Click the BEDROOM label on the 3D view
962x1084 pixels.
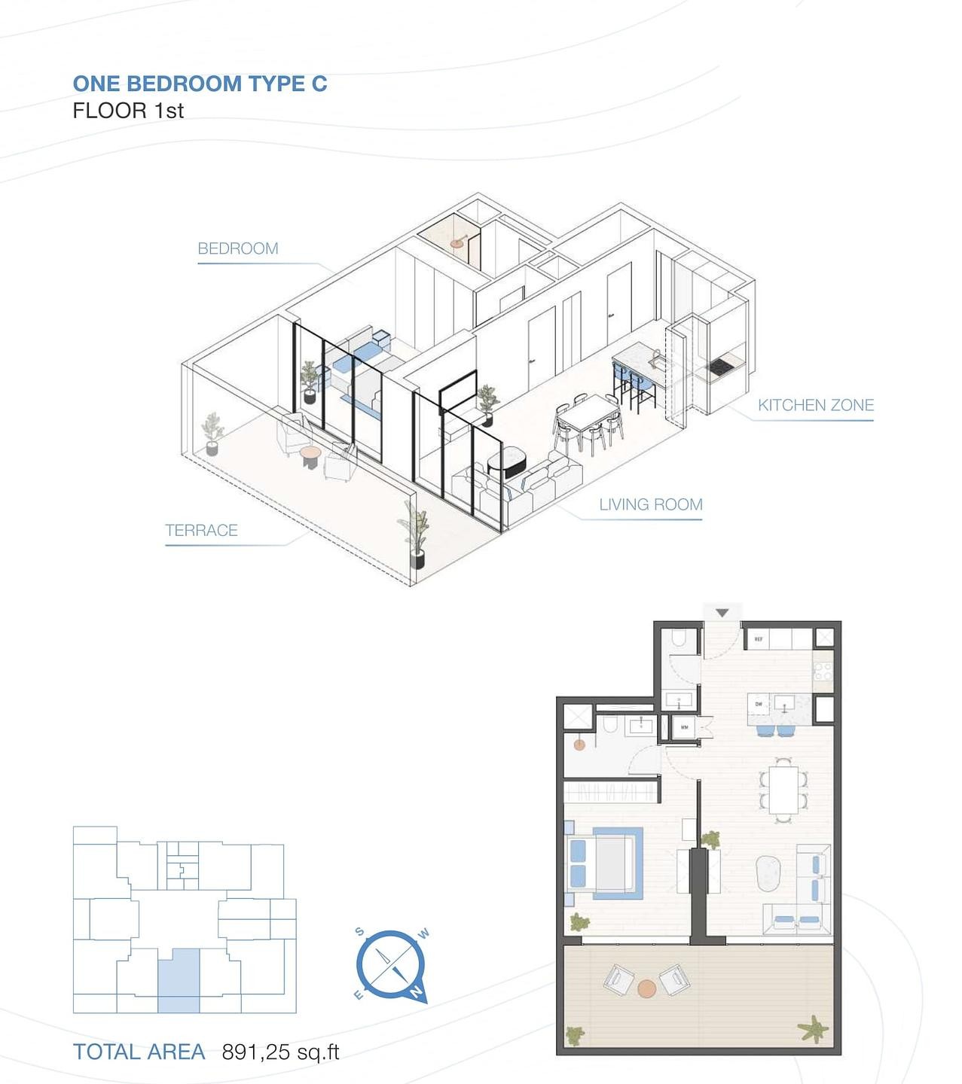237,248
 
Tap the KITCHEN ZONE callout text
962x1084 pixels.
815,405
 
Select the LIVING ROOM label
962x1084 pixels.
650,504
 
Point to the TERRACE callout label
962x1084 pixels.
201,530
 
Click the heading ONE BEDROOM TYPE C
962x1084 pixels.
200,84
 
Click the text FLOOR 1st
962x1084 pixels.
128,111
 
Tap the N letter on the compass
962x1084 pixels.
415,993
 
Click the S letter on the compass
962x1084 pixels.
360,932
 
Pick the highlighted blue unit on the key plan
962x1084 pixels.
179,979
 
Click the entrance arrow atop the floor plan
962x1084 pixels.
722,613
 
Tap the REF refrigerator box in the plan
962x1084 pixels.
758,639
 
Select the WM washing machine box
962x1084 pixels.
684,728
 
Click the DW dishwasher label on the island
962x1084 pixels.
758,705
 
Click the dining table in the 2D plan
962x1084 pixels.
783,789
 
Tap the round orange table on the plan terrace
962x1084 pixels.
646,988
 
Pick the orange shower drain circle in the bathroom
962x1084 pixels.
579,744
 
